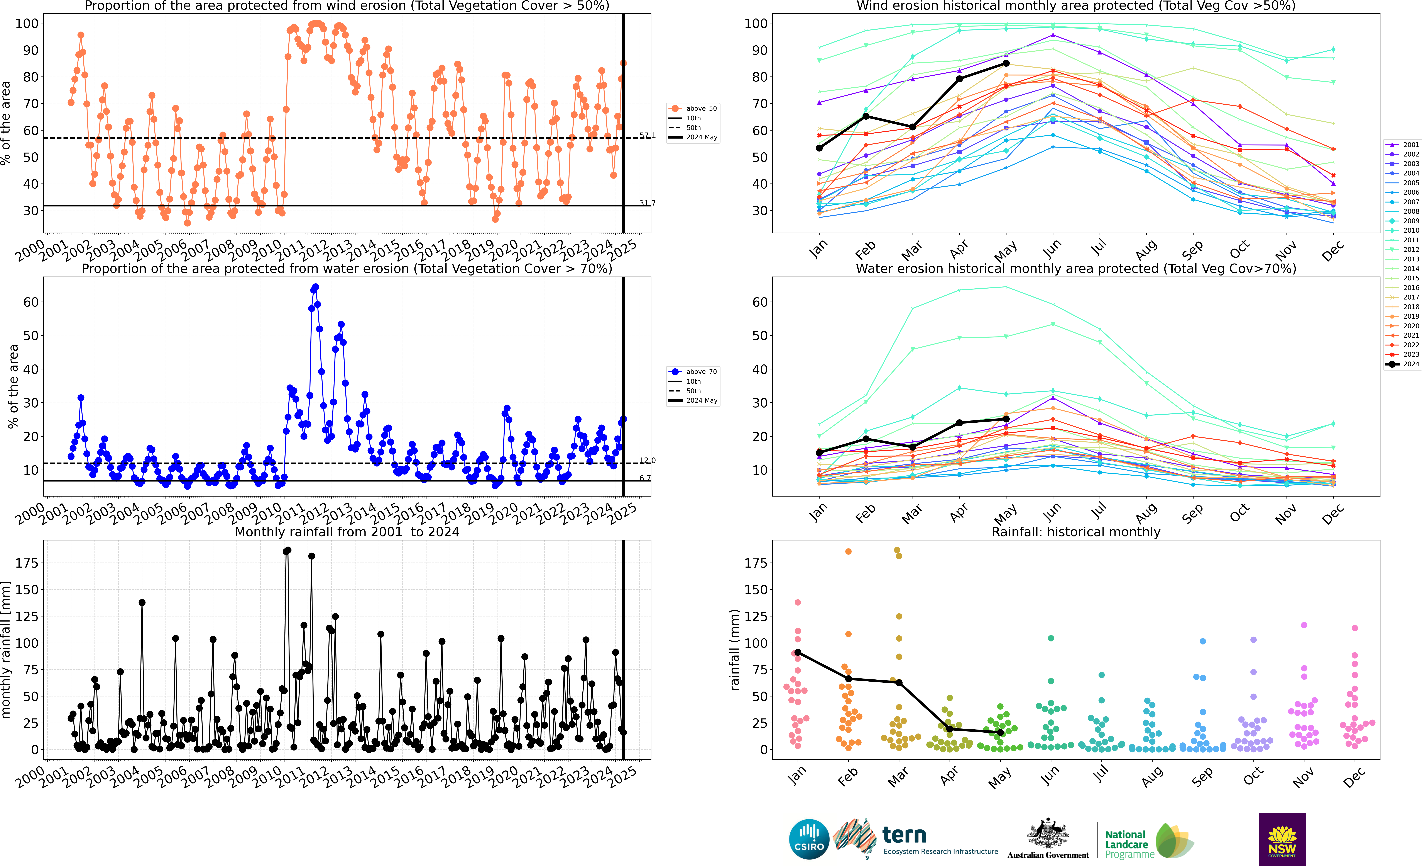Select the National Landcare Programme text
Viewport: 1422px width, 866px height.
click(1129, 844)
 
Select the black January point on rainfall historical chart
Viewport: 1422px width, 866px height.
click(798, 652)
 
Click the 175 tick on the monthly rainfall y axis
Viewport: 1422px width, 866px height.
click(27, 563)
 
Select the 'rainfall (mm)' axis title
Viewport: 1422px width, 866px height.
click(735, 650)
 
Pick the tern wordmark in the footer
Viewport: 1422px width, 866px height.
click(904, 835)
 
